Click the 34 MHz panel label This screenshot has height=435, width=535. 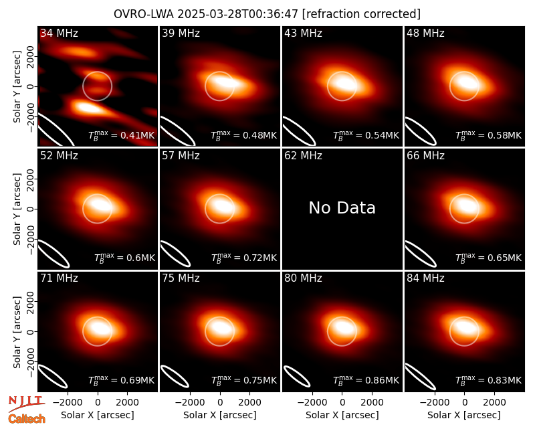point(59,33)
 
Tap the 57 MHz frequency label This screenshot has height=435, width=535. point(181,156)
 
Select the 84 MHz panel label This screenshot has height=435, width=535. point(425,278)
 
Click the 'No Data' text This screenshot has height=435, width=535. point(342,208)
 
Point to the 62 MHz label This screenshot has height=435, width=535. point(304,156)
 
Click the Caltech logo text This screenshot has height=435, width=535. point(27,419)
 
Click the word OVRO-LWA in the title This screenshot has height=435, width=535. point(144,14)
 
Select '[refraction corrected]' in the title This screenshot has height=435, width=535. point(361,14)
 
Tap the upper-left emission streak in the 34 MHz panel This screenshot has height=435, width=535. point(78,52)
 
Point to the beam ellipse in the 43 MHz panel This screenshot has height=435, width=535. point(299,130)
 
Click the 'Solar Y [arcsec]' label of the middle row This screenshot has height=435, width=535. point(17,209)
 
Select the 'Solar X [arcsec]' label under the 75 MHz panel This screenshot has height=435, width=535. point(220,415)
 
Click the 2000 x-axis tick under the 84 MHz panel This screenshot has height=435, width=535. point(494,402)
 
